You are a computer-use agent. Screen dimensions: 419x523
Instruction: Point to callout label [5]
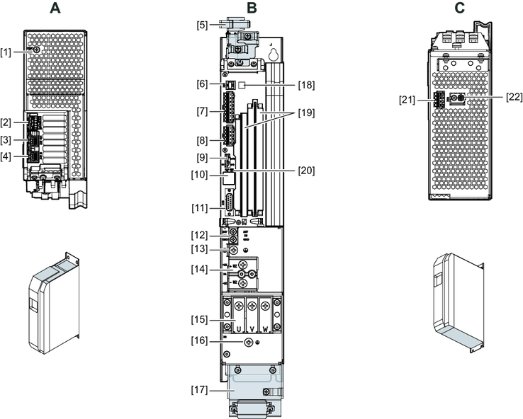[x=203, y=25]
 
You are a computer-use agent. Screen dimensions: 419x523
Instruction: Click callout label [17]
[x=201, y=389]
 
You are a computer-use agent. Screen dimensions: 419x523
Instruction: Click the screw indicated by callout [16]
[x=248, y=343]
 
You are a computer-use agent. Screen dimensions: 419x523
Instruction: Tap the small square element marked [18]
[x=241, y=84]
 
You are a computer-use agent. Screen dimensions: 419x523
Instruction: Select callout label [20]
[x=307, y=170]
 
